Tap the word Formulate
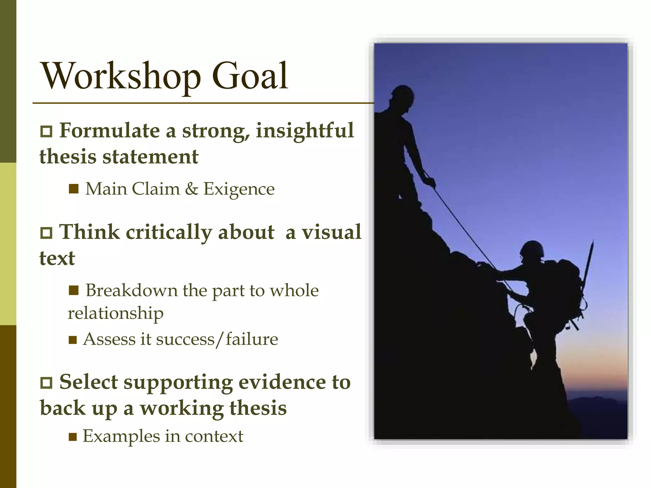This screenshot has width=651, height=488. tap(109, 131)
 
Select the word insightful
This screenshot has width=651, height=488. tap(305, 131)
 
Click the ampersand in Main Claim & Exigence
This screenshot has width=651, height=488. tap(191, 189)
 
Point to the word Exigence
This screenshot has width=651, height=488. tap(239, 189)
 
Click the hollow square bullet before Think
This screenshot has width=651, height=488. tap(46, 233)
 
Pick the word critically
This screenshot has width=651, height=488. tap(168, 232)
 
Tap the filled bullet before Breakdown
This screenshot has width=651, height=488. tap(73, 290)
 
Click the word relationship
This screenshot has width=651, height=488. tap(115, 313)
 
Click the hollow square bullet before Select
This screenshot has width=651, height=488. tap(46, 383)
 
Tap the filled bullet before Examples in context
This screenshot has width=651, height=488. tap(73, 437)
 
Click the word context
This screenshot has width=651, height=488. tap(214, 436)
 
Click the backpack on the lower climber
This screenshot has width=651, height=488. tap(566, 286)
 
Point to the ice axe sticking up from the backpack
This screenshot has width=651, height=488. tap(589, 264)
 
